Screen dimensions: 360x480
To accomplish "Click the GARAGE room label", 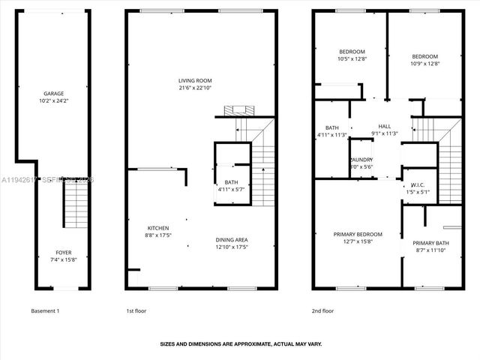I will (x=52, y=93).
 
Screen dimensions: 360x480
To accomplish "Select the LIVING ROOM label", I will (x=195, y=80).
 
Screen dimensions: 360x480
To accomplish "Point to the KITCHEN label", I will (x=157, y=228).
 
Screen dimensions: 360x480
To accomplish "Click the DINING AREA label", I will (x=232, y=239).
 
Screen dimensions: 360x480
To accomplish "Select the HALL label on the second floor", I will (x=385, y=126).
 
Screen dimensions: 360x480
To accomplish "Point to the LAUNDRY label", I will (x=361, y=160).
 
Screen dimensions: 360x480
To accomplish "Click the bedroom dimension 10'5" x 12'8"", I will (x=351, y=59).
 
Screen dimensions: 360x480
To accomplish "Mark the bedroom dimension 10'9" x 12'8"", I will (x=424, y=64).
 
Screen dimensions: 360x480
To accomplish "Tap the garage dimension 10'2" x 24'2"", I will (x=52, y=100).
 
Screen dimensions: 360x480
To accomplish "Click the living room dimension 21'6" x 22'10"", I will (x=195, y=88).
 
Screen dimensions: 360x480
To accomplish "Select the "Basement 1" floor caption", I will (x=45, y=310).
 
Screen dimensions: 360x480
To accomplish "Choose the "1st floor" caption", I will (x=135, y=310).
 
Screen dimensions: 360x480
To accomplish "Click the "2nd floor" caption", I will (x=322, y=310).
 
